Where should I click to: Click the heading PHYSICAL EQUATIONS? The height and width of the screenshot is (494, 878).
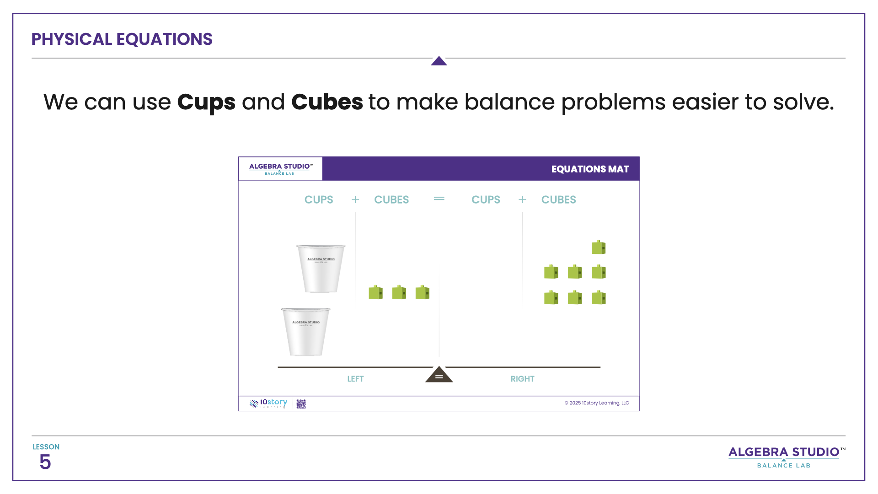click(x=122, y=39)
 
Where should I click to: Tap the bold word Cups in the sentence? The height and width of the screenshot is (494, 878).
click(x=206, y=102)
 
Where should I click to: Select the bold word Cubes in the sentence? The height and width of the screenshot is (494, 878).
click(x=327, y=102)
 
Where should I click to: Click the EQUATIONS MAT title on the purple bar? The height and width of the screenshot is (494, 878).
click(x=590, y=169)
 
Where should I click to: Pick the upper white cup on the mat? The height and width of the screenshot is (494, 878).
click(x=321, y=268)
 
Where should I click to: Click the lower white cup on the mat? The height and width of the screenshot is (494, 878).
click(x=305, y=332)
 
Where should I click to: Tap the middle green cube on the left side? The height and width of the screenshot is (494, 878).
click(x=399, y=292)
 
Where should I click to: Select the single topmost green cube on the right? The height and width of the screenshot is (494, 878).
click(x=598, y=247)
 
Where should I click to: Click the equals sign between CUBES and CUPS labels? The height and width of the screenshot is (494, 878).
click(x=439, y=199)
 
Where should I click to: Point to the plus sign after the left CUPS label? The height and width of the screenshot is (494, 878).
click(x=355, y=199)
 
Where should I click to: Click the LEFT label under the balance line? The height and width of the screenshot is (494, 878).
click(x=355, y=379)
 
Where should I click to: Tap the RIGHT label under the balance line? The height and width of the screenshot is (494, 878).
click(x=522, y=379)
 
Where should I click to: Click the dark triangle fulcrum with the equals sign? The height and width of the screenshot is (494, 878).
click(x=439, y=375)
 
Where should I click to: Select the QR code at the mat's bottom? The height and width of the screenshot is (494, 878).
click(x=301, y=403)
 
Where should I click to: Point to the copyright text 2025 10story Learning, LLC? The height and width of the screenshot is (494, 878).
click(x=596, y=403)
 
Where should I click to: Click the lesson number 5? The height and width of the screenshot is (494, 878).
click(x=45, y=462)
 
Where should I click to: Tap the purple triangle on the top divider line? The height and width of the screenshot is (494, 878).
click(x=439, y=61)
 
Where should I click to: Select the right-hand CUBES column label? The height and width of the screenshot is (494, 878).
click(x=558, y=200)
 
